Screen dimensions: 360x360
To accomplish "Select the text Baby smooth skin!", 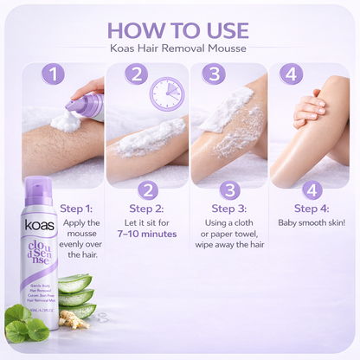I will point(312,223).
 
